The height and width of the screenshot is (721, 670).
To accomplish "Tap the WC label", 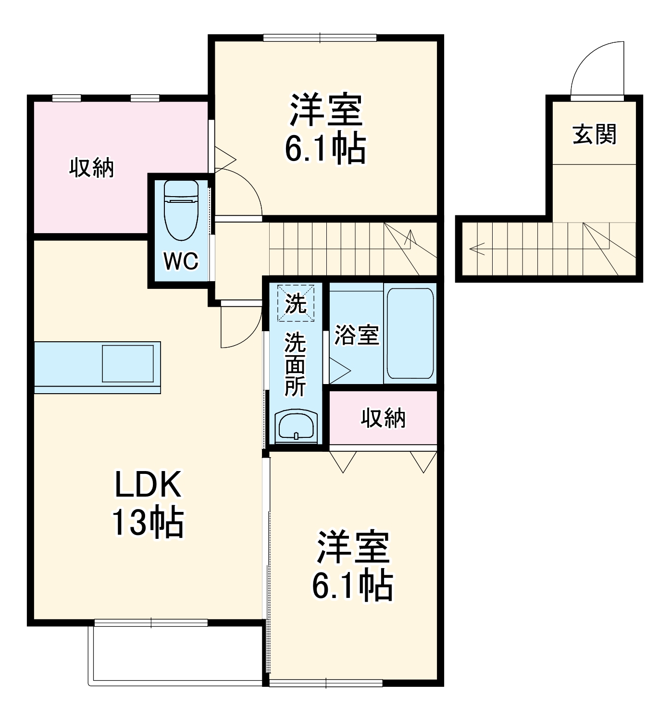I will click(x=181, y=261).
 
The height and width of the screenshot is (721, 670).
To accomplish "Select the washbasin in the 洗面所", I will click(x=296, y=426).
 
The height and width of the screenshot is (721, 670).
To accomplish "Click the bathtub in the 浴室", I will click(x=410, y=333).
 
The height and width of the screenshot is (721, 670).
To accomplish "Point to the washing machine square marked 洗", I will click(x=296, y=303).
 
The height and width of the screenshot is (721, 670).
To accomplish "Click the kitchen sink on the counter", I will click(x=127, y=363).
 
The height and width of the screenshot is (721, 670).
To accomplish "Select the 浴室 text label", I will click(x=356, y=335).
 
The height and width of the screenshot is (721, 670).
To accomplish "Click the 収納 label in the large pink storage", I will click(x=91, y=168).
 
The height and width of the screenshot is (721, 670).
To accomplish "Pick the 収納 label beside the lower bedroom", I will click(x=383, y=418).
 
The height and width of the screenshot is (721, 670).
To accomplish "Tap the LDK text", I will click(x=148, y=485).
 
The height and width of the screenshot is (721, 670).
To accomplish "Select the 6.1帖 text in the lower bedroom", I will click(x=352, y=585).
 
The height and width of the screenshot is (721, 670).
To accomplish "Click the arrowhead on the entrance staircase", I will click(x=476, y=249).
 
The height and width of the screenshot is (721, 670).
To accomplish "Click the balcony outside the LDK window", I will click(x=175, y=654).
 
